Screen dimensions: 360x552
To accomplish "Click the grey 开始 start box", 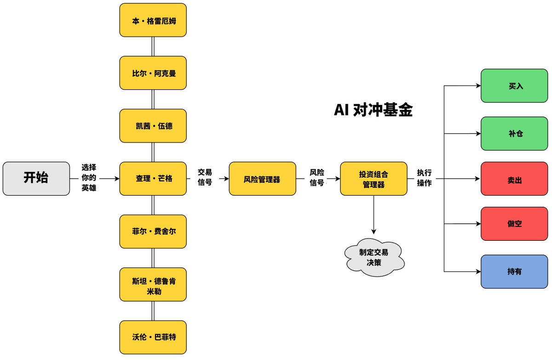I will (36, 179).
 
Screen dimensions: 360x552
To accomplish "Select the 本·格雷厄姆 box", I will (153, 20).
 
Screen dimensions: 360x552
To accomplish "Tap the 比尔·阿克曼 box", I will (153, 73).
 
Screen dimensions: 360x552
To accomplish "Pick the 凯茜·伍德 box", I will (153, 126).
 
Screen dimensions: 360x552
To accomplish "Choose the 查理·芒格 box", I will (153, 179).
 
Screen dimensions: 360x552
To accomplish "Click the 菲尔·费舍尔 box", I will (153, 231).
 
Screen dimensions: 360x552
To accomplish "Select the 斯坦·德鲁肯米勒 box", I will (153, 284).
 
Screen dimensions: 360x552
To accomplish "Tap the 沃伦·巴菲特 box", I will (153, 337).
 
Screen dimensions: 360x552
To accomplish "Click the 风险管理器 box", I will (262, 179).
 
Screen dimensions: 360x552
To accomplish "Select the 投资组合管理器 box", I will (374, 179).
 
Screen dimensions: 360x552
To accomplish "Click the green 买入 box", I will (514, 86).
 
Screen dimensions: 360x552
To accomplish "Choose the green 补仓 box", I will (514, 134).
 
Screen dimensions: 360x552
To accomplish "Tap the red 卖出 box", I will (514, 179).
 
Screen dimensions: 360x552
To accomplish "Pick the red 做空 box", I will (514, 224).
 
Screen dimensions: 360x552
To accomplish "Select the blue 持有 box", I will (514, 271).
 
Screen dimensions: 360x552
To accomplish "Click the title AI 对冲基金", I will (373, 110).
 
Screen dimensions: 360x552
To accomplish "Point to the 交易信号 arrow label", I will (205, 177).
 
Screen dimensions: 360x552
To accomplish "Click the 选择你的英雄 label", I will (89, 178).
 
